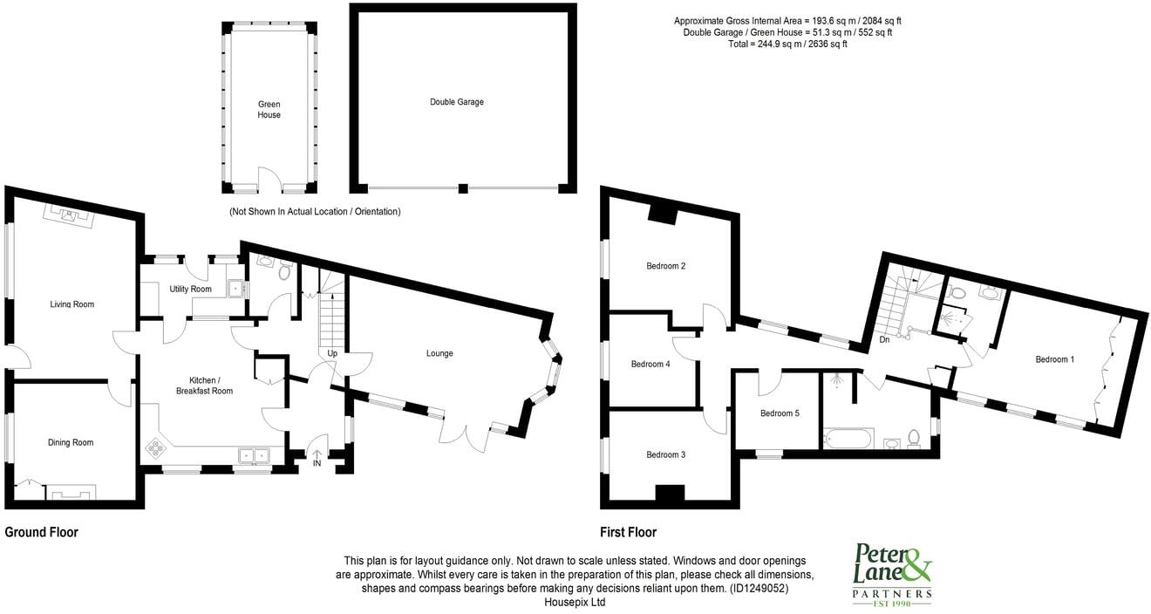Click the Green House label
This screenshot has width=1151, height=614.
(x=269, y=110)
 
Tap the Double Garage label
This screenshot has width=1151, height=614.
(x=456, y=102)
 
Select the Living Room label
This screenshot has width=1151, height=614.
(x=72, y=304)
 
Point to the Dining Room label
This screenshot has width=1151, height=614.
(x=71, y=442)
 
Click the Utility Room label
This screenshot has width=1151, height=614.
(x=190, y=289)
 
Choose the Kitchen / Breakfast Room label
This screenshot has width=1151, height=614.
(x=211, y=385)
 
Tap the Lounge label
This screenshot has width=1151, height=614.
(x=439, y=353)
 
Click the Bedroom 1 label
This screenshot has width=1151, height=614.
(x=1054, y=359)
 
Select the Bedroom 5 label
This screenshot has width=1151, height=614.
(x=780, y=413)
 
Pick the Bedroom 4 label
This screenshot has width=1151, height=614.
(x=650, y=364)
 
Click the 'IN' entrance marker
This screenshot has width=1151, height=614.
(x=317, y=463)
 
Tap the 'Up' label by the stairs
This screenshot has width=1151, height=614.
(x=332, y=353)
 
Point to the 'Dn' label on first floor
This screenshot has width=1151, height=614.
(x=884, y=339)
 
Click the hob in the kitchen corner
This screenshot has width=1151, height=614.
(x=157, y=448)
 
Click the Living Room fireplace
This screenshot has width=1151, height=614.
(x=69, y=215)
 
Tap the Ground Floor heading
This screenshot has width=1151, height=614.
(x=42, y=532)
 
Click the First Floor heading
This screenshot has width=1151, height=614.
(x=628, y=532)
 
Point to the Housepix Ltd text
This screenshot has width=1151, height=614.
(x=575, y=601)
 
